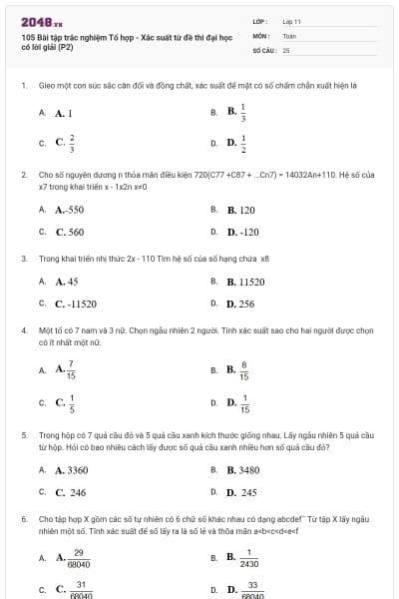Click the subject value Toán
coord(289,35)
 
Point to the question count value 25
coord(286,49)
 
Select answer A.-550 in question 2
coord(70,211)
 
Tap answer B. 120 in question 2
coord(241,211)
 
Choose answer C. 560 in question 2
coord(70,232)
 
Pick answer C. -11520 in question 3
coord(76,303)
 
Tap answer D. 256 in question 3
coord(241,303)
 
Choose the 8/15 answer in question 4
coord(238,370)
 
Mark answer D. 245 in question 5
coord(242,492)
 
